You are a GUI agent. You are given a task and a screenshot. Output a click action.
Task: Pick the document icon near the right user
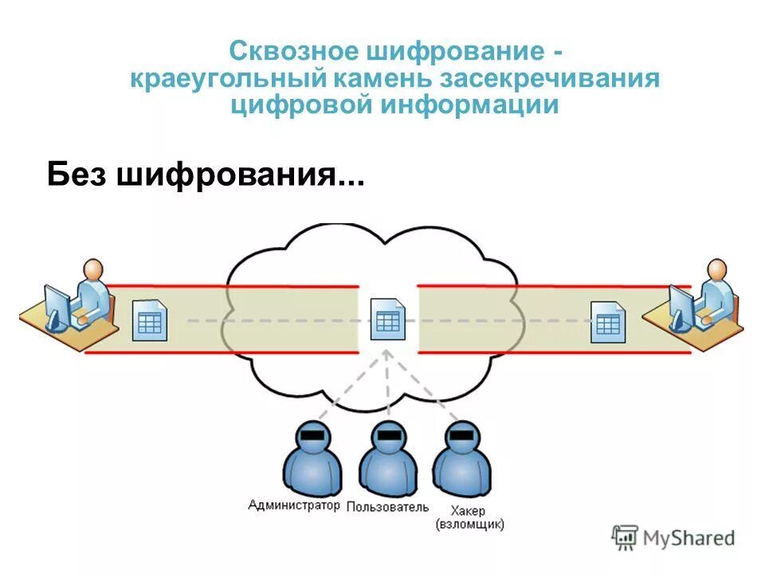[x=607, y=322]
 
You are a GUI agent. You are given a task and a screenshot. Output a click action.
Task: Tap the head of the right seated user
[x=717, y=269]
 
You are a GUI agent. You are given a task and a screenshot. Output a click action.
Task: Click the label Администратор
[x=294, y=505]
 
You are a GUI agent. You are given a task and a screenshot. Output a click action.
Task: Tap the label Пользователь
[x=388, y=507]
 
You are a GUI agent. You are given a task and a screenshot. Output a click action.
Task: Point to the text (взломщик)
[x=469, y=525]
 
